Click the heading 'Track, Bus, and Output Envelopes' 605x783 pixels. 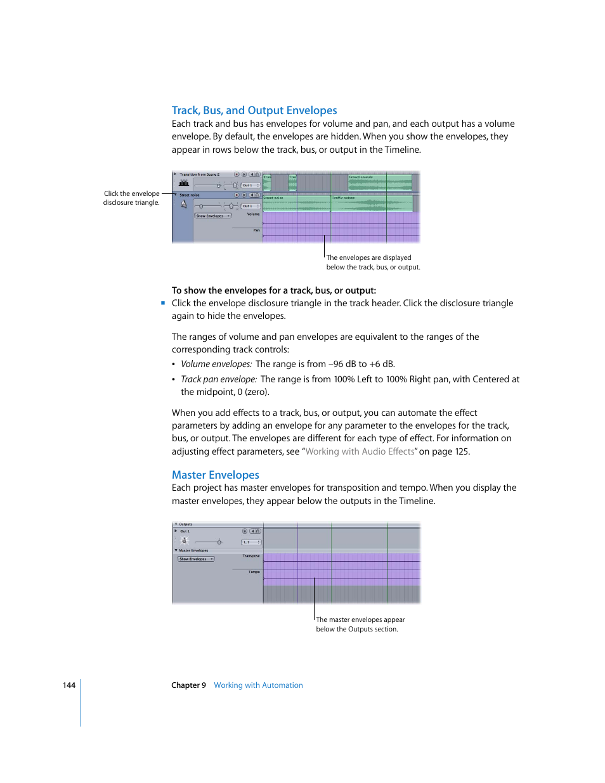tap(254, 110)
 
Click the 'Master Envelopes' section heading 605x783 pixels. tap(215, 475)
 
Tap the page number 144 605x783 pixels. tap(68, 685)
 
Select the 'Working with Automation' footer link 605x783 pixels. tap(258, 685)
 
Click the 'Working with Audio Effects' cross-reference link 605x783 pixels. tap(360, 451)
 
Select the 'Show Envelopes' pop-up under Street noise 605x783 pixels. tap(212, 216)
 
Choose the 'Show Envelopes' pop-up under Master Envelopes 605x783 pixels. tap(196, 559)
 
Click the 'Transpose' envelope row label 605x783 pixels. tap(251, 556)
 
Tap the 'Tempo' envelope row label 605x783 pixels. tap(254, 572)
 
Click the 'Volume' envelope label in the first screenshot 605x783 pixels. tap(253, 214)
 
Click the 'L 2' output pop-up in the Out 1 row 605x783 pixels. tap(251, 542)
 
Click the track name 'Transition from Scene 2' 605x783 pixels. tap(199, 174)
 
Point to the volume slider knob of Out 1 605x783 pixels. tap(219, 542)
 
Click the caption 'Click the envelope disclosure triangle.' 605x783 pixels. tap(131, 198)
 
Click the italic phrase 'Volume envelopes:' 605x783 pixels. tap(216, 364)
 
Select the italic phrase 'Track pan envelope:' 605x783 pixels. tap(219, 379)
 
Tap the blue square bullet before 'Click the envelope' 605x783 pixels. tap(163, 303)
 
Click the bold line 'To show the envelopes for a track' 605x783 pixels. tap(273, 290)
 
